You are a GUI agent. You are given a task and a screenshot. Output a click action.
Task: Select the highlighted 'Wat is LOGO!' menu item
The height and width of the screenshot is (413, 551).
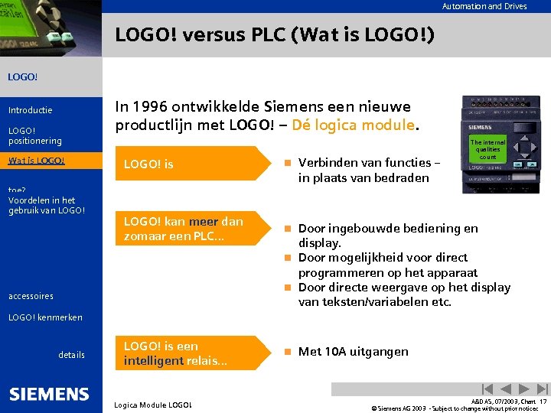click(37, 161)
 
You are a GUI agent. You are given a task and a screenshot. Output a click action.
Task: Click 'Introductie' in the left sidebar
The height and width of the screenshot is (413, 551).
click(31, 111)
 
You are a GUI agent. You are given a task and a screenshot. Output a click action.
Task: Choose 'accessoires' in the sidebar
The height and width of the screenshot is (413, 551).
click(31, 296)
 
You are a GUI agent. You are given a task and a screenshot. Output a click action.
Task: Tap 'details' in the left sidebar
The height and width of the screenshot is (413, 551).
click(71, 355)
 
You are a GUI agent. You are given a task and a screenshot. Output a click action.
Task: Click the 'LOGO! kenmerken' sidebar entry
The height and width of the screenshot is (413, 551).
click(45, 317)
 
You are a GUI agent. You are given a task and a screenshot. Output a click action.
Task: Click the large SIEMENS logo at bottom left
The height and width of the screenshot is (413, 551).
click(49, 394)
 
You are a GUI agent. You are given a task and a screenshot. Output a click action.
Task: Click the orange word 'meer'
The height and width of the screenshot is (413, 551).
click(204, 222)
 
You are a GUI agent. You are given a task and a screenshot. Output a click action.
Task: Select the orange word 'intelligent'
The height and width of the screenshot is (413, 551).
click(152, 359)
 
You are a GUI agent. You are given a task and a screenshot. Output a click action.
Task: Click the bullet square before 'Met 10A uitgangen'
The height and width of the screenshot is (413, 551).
click(287, 352)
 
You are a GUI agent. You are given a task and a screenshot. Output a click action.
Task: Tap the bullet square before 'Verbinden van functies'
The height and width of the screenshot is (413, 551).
click(287, 163)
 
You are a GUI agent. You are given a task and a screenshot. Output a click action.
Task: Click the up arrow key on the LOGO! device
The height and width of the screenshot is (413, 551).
click(525, 137)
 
